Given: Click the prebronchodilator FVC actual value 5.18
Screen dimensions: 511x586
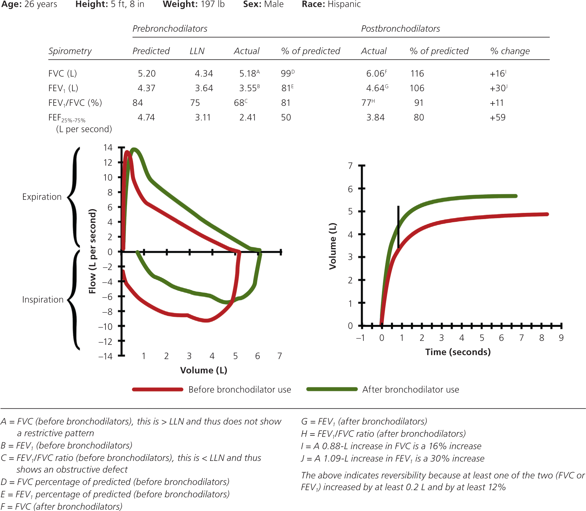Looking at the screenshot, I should click(x=247, y=73).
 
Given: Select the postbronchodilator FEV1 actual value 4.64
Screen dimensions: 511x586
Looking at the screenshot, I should click(x=375, y=88).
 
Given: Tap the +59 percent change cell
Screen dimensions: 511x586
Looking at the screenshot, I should click(x=497, y=117).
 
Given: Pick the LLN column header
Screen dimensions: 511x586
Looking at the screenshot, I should click(x=197, y=51).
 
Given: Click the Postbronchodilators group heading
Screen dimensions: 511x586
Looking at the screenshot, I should click(x=400, y=29).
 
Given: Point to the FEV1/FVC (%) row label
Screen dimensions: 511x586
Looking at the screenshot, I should click(x=75, y=103).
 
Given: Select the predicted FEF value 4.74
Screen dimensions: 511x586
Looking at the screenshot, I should click(x=146, y=117).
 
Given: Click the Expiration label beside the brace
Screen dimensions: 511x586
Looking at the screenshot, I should click(x=42, y=197).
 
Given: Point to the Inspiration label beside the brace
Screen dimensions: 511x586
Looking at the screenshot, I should click(x=43, y=299).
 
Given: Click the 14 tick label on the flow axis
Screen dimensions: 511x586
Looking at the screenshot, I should click(x=108, y=148).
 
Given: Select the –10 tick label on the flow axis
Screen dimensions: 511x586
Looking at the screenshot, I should click(x=105, y=326).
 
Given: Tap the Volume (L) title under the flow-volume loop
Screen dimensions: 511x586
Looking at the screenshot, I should click(x=204, y=370).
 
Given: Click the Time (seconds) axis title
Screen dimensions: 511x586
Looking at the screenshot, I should click(x=457, y=352).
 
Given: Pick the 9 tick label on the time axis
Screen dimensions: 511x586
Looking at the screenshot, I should click(x=561, y=338).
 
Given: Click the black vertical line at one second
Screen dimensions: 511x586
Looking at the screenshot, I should click(x=398, y=227).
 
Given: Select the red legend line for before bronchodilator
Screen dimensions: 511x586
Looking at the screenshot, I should click(x=157, y=389).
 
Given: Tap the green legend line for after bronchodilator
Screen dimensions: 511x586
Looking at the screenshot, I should click(x=332, y=389).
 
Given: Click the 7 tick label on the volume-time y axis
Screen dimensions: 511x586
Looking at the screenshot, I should click(x=350, y=166).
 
